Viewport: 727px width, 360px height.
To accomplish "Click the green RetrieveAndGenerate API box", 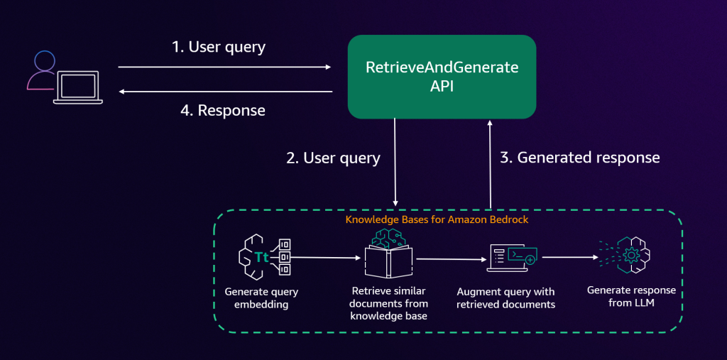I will [441, 76].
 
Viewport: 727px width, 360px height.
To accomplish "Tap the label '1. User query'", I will [219, 48].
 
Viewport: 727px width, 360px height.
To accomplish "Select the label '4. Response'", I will [222, 110].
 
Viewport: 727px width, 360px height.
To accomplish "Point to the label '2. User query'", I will [333, 158].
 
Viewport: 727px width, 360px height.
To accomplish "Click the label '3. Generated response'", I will [579, 158].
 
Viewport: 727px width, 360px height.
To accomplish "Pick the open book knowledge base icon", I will [388, 259].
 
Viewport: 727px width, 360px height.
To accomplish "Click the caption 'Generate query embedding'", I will [261, 298].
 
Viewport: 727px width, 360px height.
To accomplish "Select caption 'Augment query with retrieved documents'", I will [506, 298].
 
